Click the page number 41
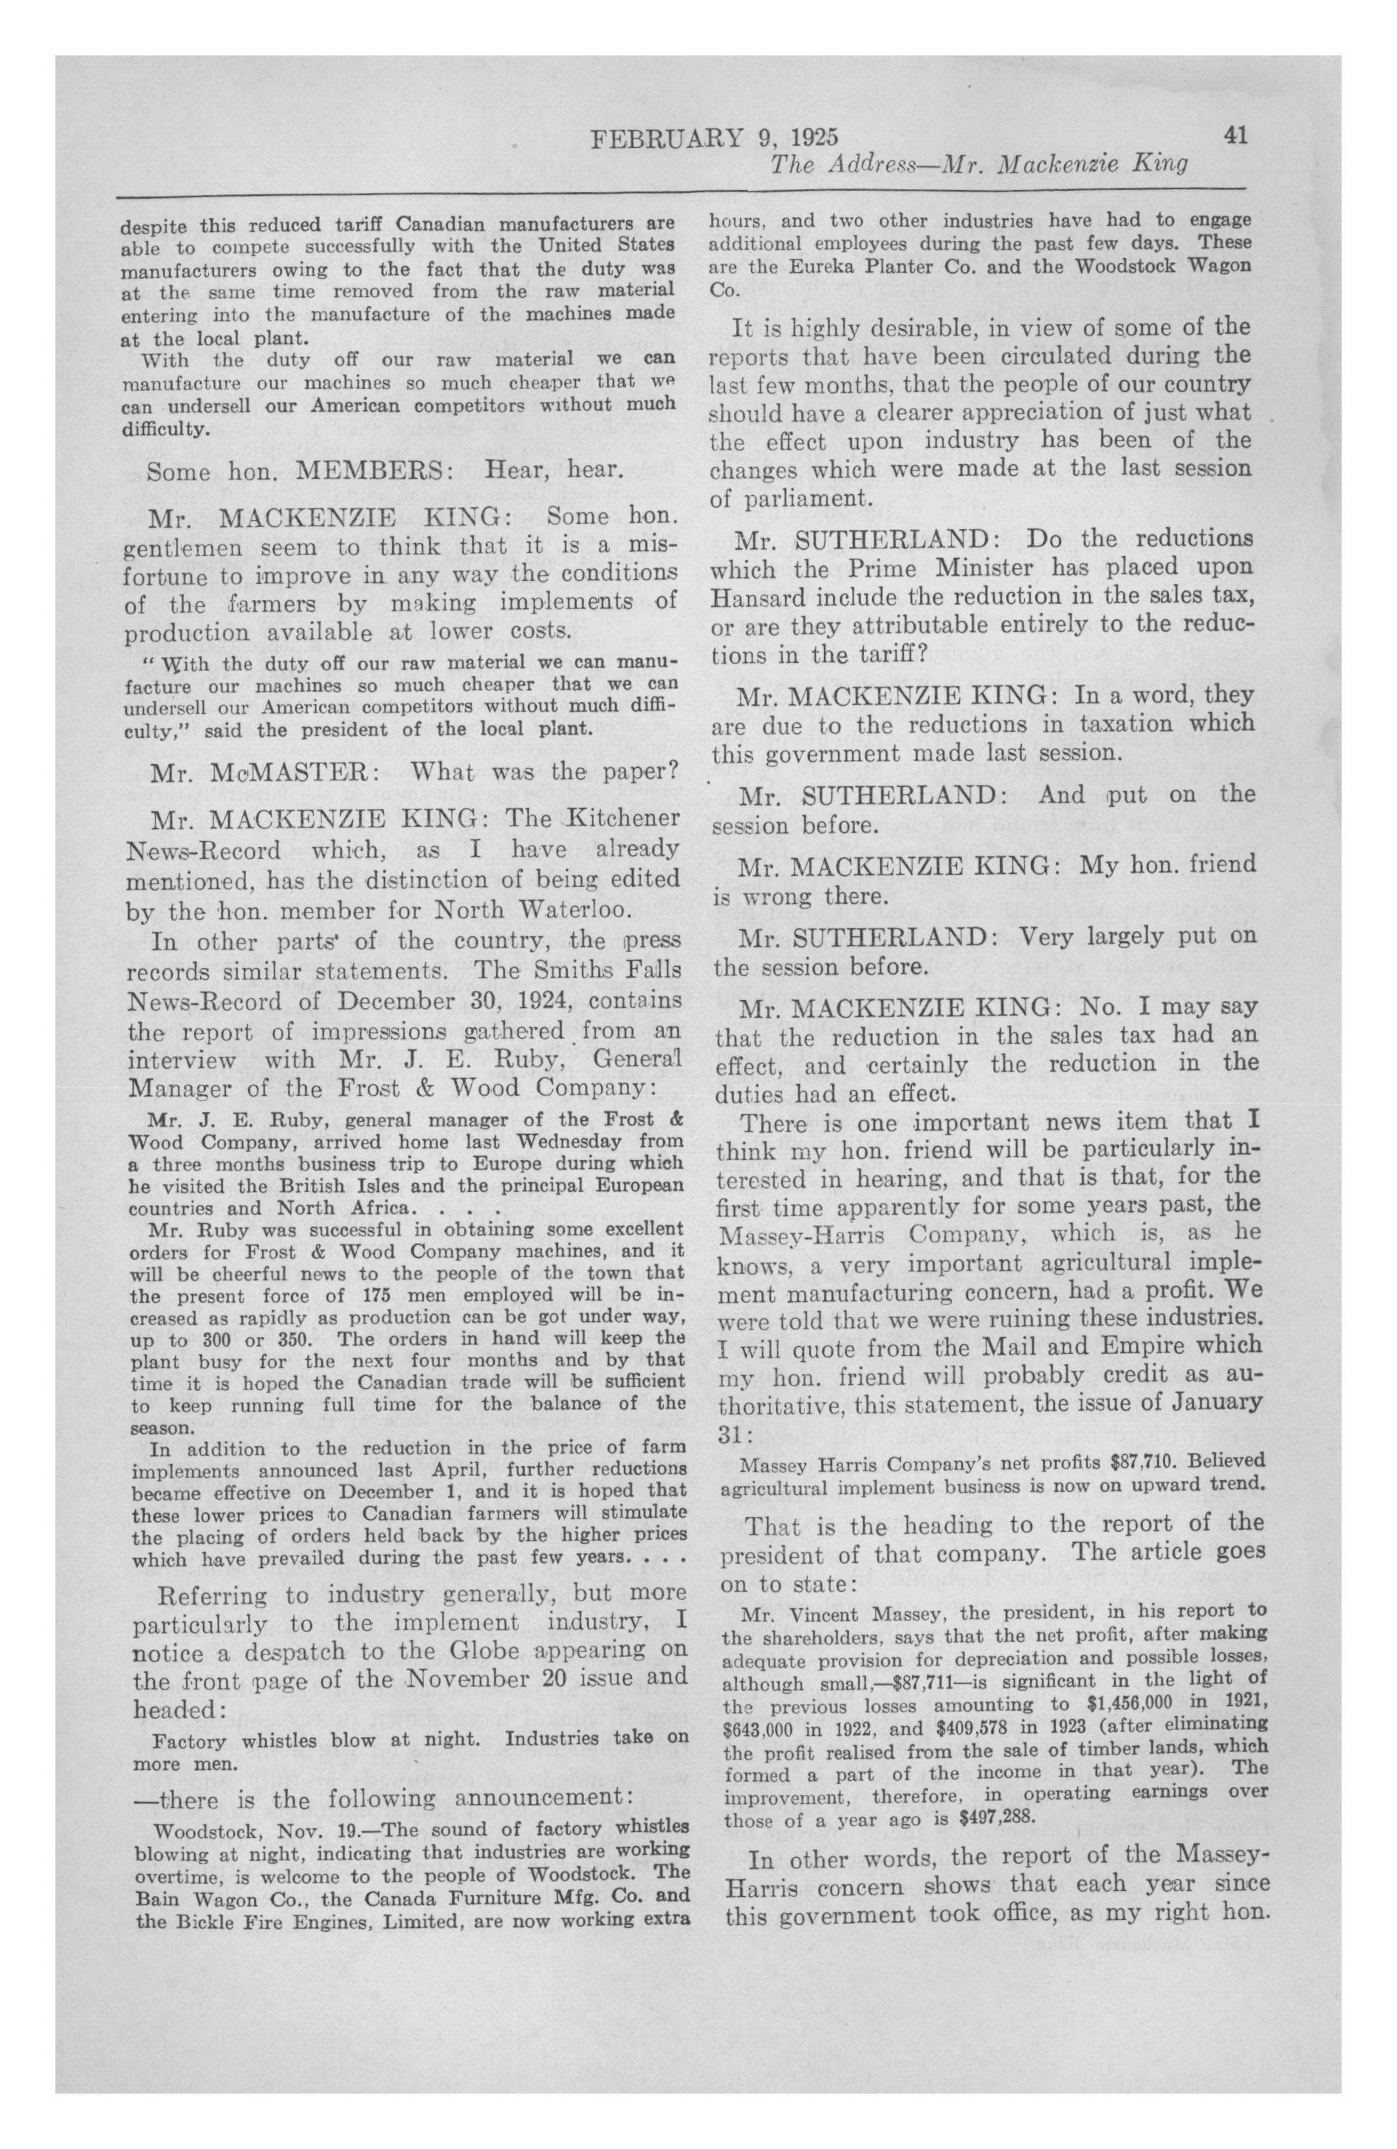[1235, 136]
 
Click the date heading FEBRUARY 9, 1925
[714, 138]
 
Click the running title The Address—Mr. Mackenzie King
[978, 166]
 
